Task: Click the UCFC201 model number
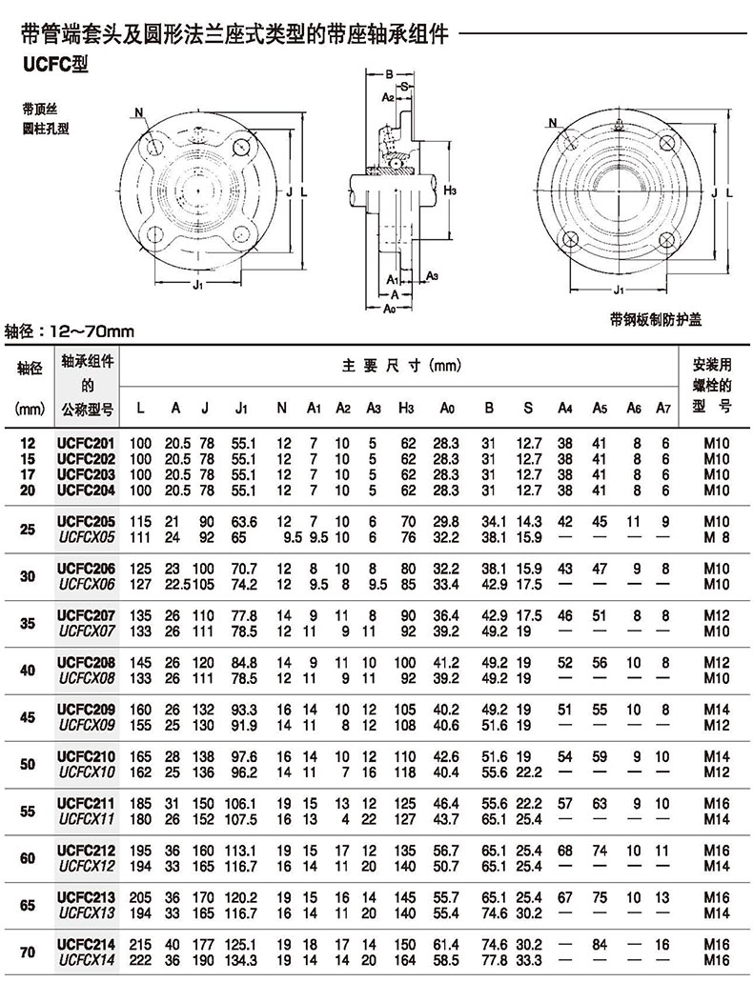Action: click(x=87, y=443)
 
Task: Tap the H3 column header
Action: click(x=406, y=409)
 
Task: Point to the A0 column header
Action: click(x=446, y=409)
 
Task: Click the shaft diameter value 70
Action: click(x=27, y=952)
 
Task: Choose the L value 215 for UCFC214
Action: click(x=141, y=945)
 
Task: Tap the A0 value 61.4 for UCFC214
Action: click(x=446, y=945)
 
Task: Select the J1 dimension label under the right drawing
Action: click(x=619, y=291)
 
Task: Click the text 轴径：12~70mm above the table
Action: click(x=69, y=331)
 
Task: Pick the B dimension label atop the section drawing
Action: click(x=389, y=73)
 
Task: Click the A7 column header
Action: click(x=663, y=409)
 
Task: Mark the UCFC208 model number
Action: click(x=87, y=662)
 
